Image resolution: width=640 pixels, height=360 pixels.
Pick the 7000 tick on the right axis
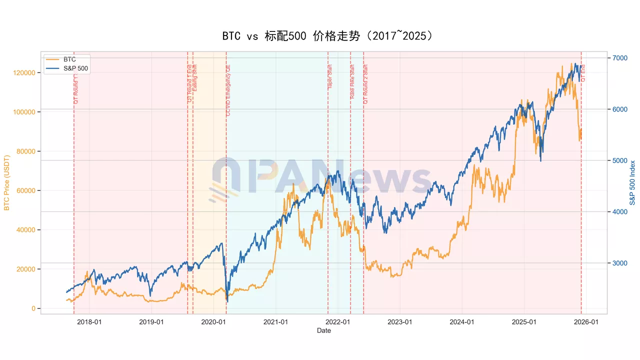click(x=619, y=58)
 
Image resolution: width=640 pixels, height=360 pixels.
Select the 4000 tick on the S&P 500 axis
click(x=619, y=212)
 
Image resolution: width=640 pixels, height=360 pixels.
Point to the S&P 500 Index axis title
click(x=632, y=183)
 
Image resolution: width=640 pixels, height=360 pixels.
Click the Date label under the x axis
click(x=323, y=330)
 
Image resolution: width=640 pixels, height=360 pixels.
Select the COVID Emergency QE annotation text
click(x=228, y=90)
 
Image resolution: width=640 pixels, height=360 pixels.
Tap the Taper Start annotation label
click(x=330, y=77)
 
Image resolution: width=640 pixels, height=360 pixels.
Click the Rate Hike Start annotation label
click(x=352, y=81)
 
